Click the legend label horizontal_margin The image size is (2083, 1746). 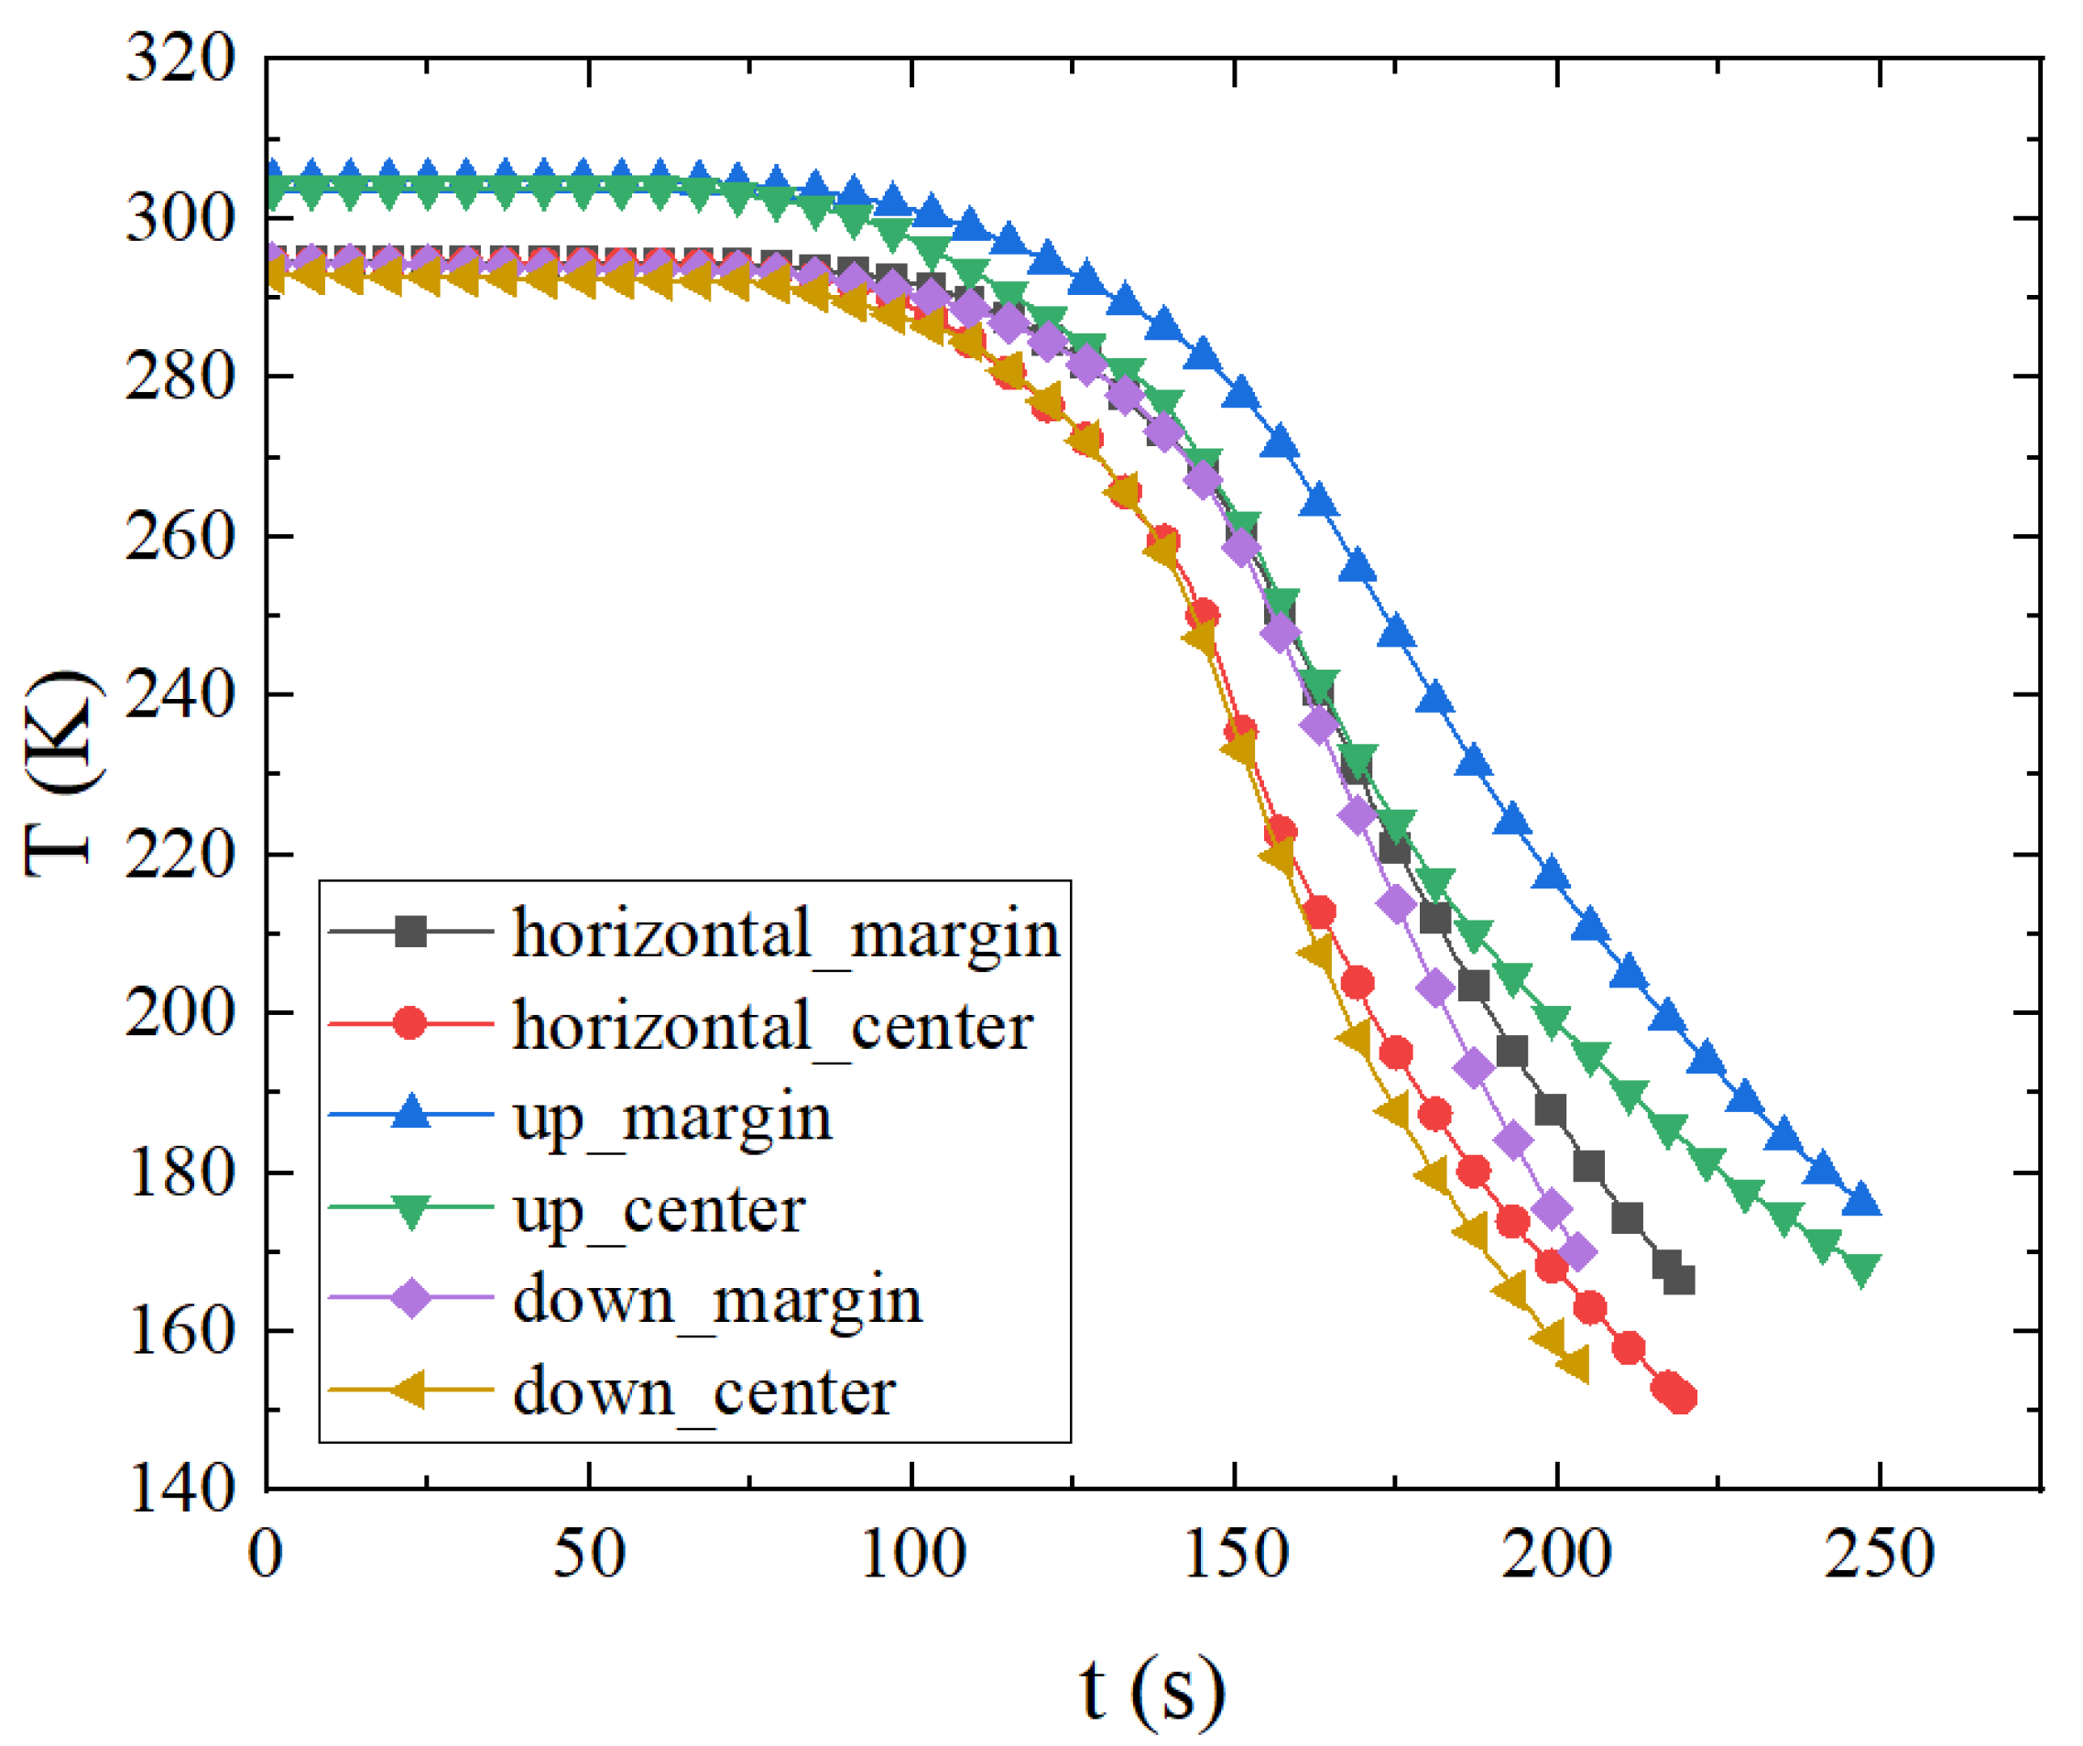point(786,934)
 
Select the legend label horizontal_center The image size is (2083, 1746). point(773,1026)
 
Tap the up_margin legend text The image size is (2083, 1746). point(672,1118)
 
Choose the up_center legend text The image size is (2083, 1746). point(659,1209)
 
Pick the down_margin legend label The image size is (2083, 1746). point(717,1301)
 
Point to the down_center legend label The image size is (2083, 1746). point(704,1391)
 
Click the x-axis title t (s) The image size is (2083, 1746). point(1152,1686)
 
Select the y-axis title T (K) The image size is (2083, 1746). point(61,774)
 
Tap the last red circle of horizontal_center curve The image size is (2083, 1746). point(1681,1398)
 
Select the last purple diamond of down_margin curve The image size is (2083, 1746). point(1577,1253)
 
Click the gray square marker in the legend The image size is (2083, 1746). point(410,932)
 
